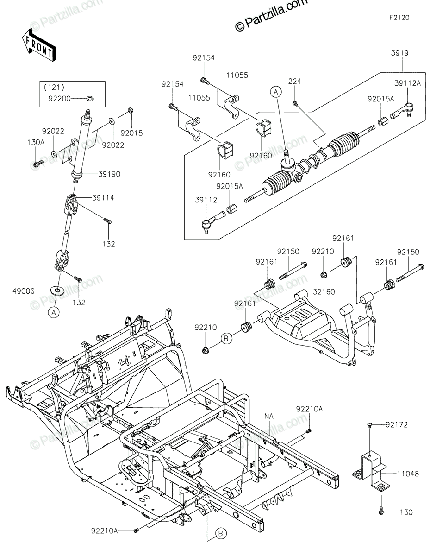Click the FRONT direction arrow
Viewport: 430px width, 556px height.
coord(38,46)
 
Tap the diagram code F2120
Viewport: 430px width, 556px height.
coord(399,18)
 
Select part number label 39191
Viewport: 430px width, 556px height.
coord(402,53)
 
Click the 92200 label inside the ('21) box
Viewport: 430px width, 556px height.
coord(60,99)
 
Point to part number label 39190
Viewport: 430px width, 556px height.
coord(109,174)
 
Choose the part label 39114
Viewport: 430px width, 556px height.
coord(103,198)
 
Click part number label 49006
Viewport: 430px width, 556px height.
coord(24,291)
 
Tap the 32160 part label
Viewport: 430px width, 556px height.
coord(324,292)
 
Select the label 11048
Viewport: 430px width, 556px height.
coord(408,474)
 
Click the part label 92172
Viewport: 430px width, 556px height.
coord(397,425)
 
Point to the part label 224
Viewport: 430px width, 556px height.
coord(295,81)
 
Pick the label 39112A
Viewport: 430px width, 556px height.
coord(407,83)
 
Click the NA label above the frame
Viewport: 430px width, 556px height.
coord(269,416)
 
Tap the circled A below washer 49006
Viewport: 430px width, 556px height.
coord(54,312)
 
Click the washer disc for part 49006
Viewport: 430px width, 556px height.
coord(57,291)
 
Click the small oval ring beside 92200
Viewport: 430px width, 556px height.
coord(90,98)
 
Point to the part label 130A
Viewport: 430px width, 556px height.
coord(36,142)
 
